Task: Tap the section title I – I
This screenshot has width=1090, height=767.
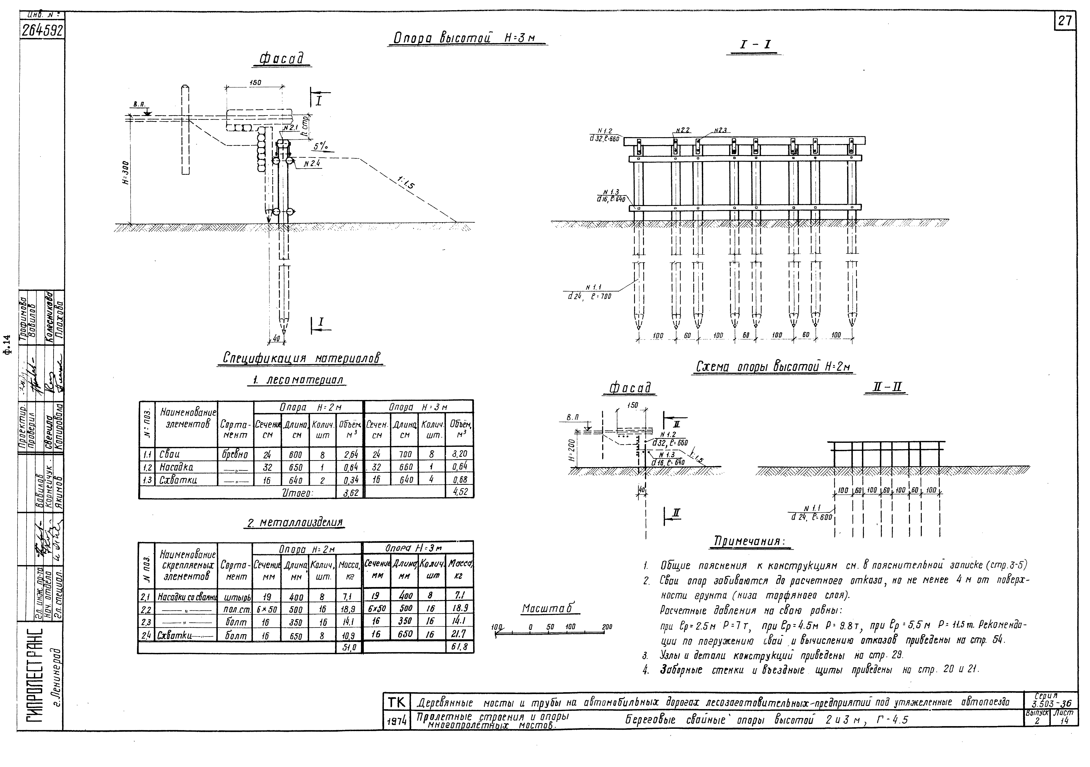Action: pos(755,45)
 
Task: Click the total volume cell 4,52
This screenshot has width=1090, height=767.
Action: pos(460,492)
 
